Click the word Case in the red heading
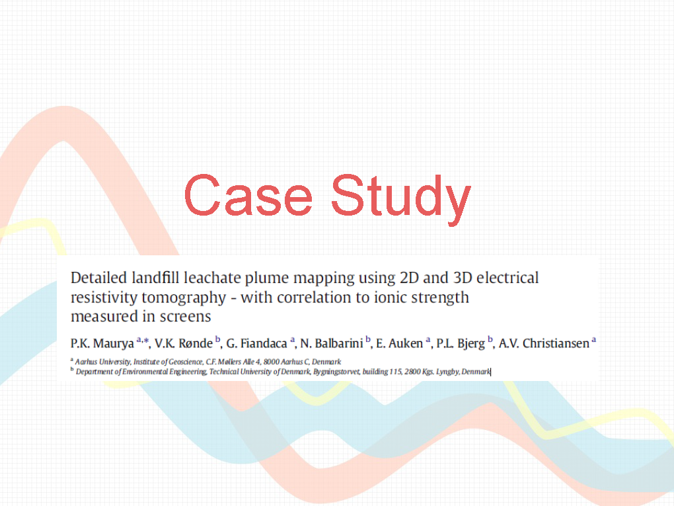click(248, 195)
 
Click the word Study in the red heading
click(401, 200)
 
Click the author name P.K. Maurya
click(102, 343)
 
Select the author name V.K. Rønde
click(184, 343)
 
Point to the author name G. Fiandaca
click(256, 343)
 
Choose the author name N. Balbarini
click(332, 343)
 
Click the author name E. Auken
click(400, 343)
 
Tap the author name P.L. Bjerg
click(461, 344)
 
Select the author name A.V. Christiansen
click(544, 343)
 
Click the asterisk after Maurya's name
click(146, 341)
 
